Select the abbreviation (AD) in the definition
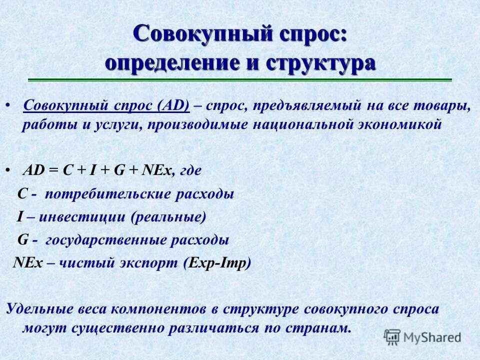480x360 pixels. point(173,106)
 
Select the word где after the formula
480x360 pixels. point(190,170)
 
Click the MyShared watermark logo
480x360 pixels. point(423,336)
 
